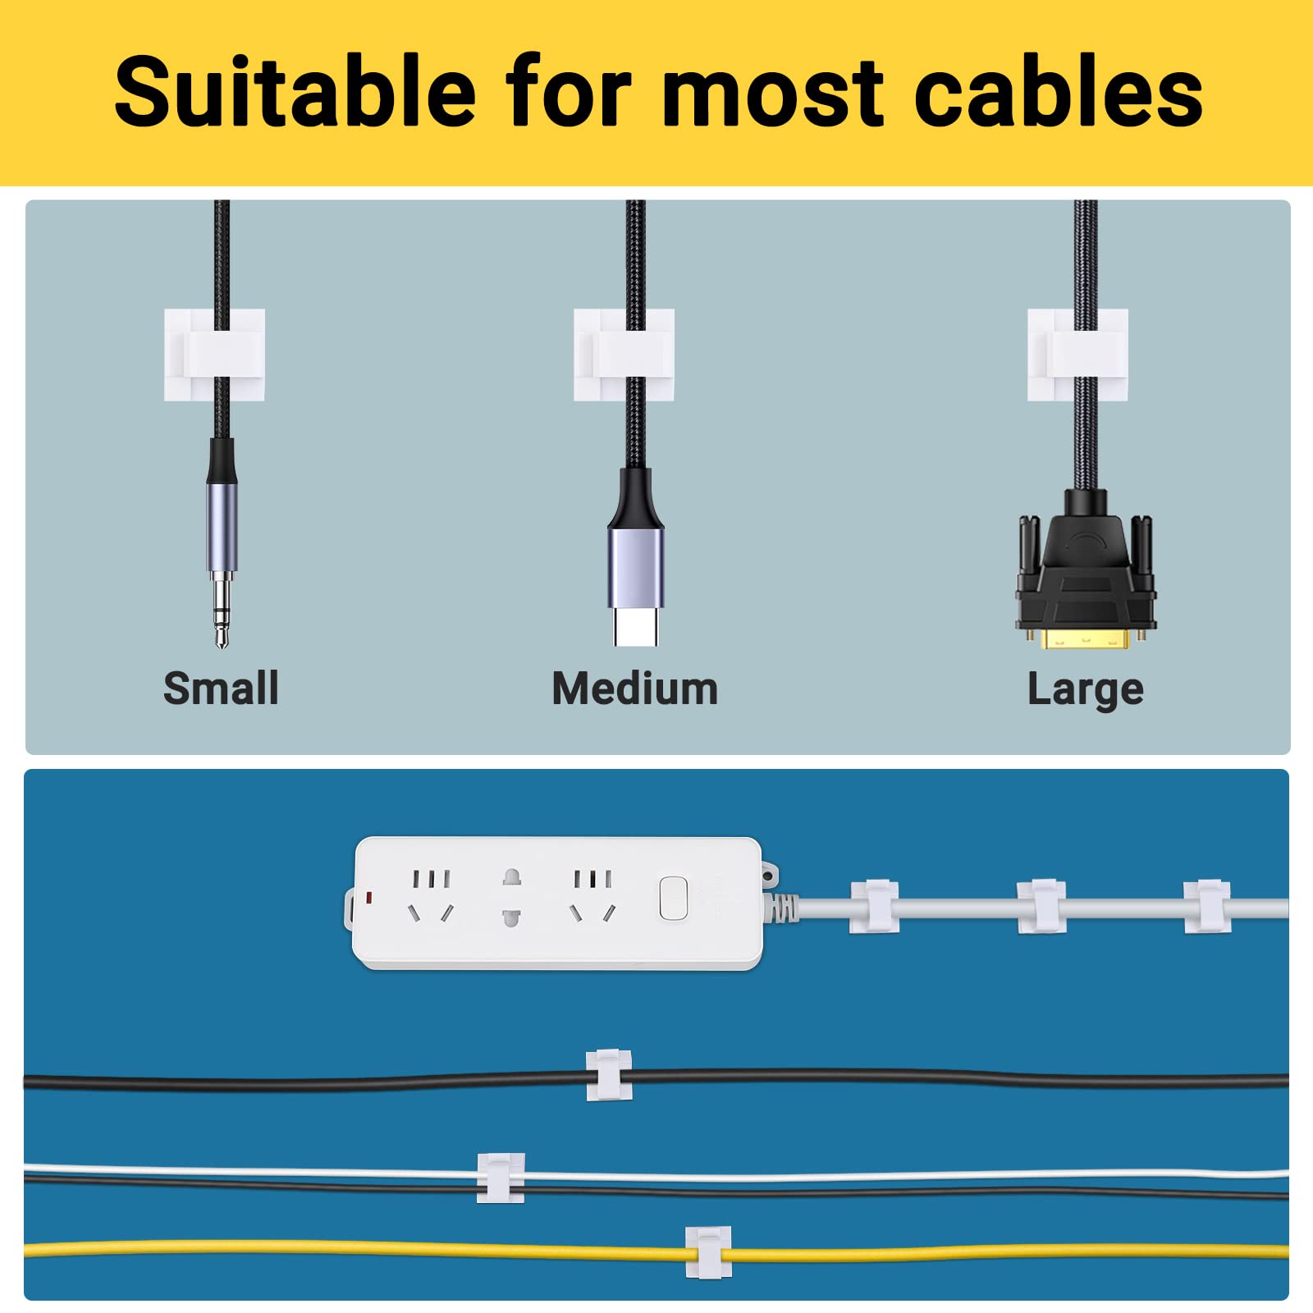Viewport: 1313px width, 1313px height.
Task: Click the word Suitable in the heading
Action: click(295, 91)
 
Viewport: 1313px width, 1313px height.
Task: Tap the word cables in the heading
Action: click(1058, 91)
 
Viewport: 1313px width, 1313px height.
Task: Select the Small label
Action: click(221, 688)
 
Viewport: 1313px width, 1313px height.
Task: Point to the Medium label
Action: click(635, 688)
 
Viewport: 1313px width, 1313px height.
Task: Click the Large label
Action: click(1085, 689)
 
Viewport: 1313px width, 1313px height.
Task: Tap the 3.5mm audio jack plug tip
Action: click(222, 611)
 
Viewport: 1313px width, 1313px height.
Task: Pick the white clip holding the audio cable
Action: click(214, 355)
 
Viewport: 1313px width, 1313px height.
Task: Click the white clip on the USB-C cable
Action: click(624, 355)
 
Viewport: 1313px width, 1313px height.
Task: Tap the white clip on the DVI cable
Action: click(1077, 355)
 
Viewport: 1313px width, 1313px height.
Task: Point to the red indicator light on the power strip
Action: click(369, 898)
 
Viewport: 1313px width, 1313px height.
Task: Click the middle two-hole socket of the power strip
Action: click(511, 897)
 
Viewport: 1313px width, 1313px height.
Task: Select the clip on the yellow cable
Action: click(709, 1251)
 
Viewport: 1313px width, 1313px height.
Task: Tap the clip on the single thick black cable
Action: click(609, 1075)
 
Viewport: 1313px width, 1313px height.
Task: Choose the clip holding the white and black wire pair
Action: click(501, 1178)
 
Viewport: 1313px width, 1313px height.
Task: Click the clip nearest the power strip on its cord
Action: click(874, 907)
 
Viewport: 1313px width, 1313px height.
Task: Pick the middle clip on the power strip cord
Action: click(1041, 907)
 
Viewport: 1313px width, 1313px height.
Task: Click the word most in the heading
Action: click(773, 91)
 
